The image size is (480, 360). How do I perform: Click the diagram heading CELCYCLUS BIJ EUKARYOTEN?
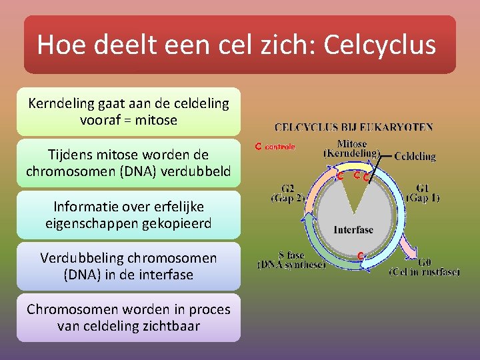(x=354, y=127)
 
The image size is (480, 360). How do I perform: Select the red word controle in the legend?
(x=280, y=146)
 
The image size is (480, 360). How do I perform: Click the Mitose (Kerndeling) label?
(x=351, y=148)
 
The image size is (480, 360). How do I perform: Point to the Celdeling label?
(x=415, y=157)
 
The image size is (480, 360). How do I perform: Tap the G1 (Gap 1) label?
(x=422, y=193)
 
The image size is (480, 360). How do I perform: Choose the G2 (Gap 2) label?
(x=288, y=193)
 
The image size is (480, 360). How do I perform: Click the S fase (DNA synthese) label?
(x=292, y=259)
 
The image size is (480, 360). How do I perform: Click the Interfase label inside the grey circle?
(x=353, y=230)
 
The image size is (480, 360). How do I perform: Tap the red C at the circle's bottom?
(x=359, y=255)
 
